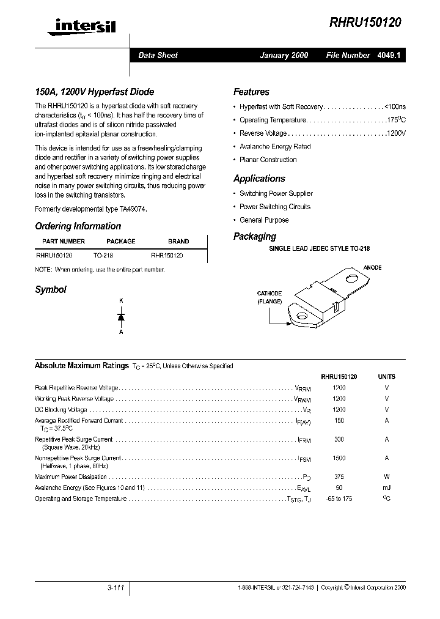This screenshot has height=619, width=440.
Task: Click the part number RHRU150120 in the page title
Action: coord(365,23)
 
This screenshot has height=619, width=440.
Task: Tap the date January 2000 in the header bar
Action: coord(284,55)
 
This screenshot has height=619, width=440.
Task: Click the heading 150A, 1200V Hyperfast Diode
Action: coord(94,92)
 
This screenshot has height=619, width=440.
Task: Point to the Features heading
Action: coord(251,92)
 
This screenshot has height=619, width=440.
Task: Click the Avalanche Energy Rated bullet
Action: coord(275,147)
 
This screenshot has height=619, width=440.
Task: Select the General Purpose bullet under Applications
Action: coord(264,220)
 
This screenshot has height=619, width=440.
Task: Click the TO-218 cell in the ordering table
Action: coord(103,256)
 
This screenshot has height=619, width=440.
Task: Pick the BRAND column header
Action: coord(178,242)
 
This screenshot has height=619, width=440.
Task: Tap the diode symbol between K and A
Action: coord(121,316)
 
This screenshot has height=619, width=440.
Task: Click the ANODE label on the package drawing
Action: coord(372,268)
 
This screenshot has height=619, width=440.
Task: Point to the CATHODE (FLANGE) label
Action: coord(269,298)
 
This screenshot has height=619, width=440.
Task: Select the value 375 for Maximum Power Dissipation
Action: coord(339,477)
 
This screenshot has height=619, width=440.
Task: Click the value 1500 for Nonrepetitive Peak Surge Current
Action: coord(339,458)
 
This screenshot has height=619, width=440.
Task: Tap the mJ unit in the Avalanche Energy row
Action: coord(387,488)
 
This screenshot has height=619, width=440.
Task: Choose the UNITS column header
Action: coord(387,377)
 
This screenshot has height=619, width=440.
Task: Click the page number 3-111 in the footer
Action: coord(114,588)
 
